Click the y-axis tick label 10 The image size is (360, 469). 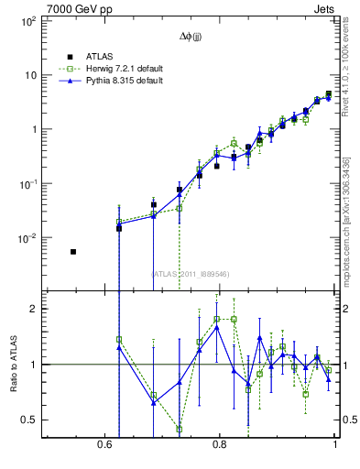click(29, 75)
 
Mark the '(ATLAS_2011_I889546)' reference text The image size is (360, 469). click(191, 273)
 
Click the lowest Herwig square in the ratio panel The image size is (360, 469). click(180, 429)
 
